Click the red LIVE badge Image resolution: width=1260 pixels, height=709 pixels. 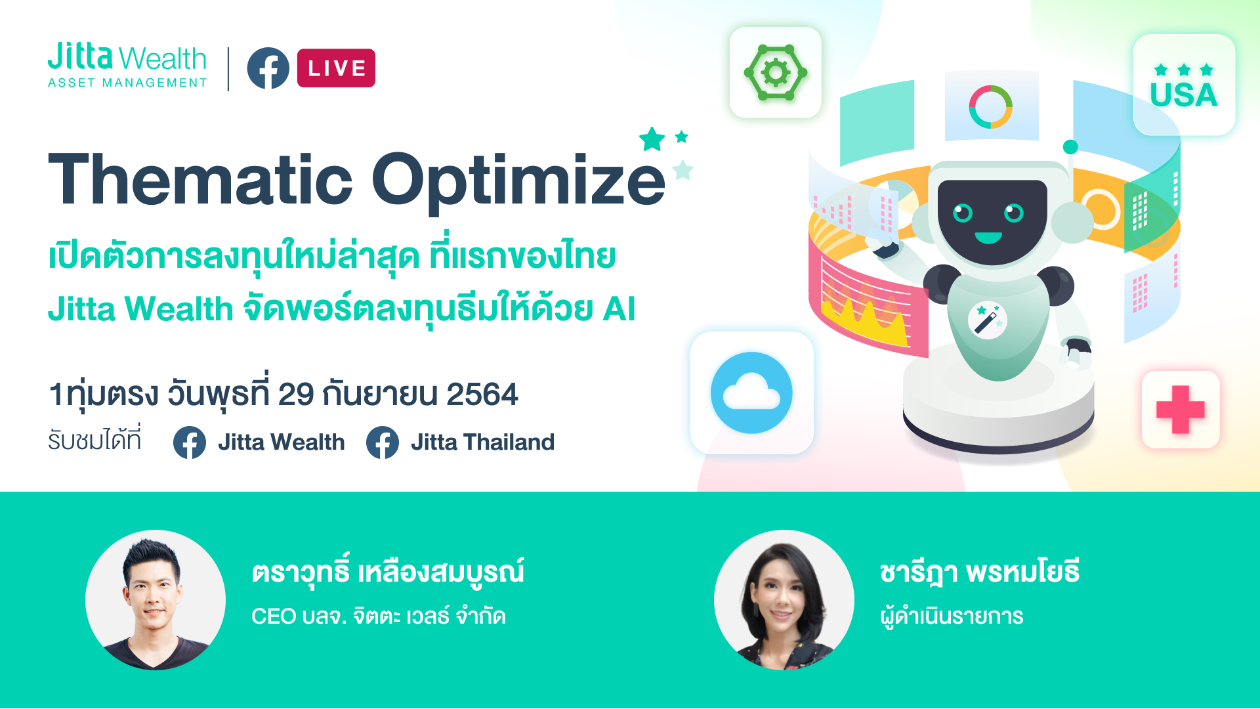pyautogui.click(x=336, y=68)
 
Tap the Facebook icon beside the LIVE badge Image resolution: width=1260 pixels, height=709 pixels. pyautogui.click(x=268, y=68)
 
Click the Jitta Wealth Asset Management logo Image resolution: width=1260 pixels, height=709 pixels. pyautogui.click(x=127, y=65)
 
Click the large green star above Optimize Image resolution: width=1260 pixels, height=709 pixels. pyautogui.click(x=652, y=139)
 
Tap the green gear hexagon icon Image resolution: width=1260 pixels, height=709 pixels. pyautogui.click(x=776, y=73)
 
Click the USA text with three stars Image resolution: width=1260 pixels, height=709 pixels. pyautogui.click(x=1184, y=87)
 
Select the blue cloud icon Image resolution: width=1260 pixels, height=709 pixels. pyautogui.click(x=751, y=393)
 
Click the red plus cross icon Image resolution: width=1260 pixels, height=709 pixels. pyautogui.click(x=1181, y=410)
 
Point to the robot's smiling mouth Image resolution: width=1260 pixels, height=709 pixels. pyautogui.click(x=988, y=238)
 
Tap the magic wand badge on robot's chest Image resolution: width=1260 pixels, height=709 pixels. pyautogui.click(x=988, y=320)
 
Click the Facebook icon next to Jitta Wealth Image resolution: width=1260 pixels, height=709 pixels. pyautogui.click(x=190, y=442)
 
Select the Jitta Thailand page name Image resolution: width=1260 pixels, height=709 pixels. pyautogui.click(x=482, y=442)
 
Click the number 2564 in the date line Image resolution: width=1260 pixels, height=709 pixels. pyautogui.click(x=482, y=395)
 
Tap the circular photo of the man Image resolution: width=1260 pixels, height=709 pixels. pyautogui.click(x=156, y=600)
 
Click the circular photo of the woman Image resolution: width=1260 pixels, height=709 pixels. pyautogui.click(x=784, y=600)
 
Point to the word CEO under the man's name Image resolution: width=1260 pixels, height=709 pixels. pyautogui.click(x=274, y=616)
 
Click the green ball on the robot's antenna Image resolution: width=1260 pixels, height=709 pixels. pyautogui.click(x=1070, y=146)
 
